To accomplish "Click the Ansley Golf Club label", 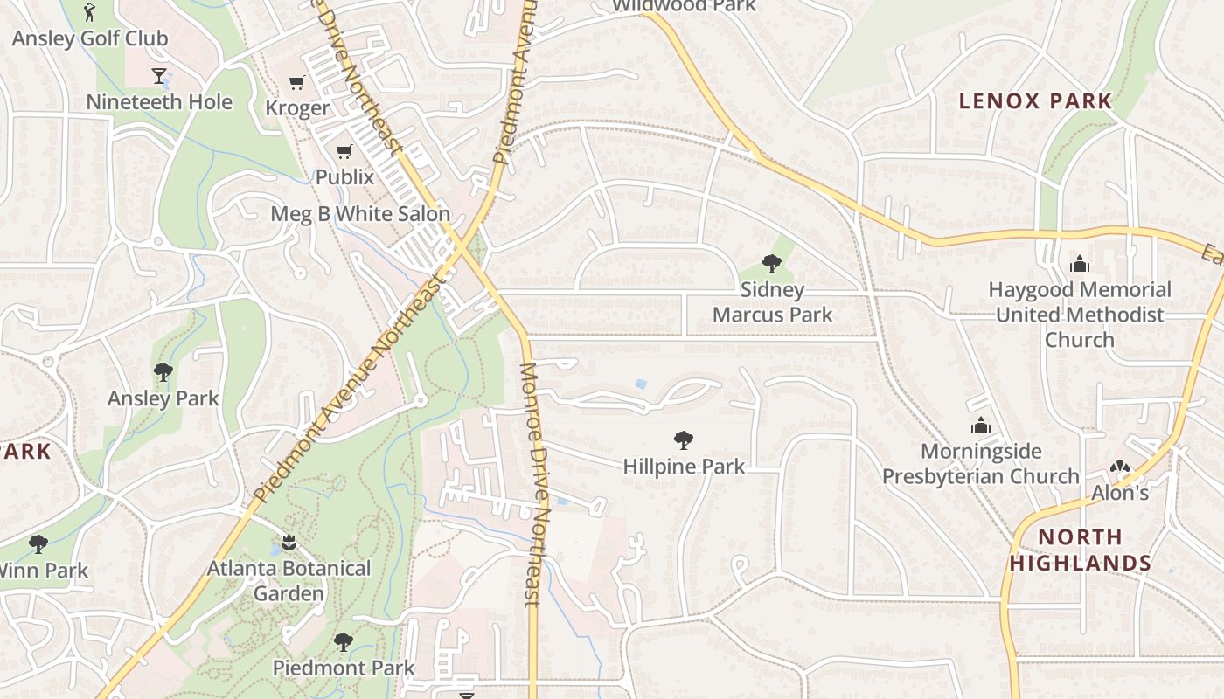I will coord(89,38).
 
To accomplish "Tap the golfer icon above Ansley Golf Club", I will coord(89,12).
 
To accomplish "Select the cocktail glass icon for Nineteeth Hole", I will coord(159,76).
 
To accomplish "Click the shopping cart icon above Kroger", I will coord(297,83).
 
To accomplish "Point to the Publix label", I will coord(344,176).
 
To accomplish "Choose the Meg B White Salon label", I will coord(360,213).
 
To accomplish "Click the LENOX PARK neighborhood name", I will coord(1035,101).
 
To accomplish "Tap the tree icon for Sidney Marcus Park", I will coord(771,263).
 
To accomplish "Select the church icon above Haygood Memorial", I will coord(1080,264).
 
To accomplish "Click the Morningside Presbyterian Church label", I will coord(981,464).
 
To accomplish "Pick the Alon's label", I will coord(1120,493).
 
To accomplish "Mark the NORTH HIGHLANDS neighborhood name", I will coord(1081,550).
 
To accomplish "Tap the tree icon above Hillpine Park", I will coord(684,440).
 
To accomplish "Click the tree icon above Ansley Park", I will coord(163,372).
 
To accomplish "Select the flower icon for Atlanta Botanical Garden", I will coord(289,543).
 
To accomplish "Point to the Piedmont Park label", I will coord(344,668).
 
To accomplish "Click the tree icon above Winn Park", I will coord(38,544).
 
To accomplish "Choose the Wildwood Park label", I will coord(683,5).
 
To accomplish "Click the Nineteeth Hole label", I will coord(159,102).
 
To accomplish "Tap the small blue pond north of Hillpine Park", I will coord(642,384).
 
